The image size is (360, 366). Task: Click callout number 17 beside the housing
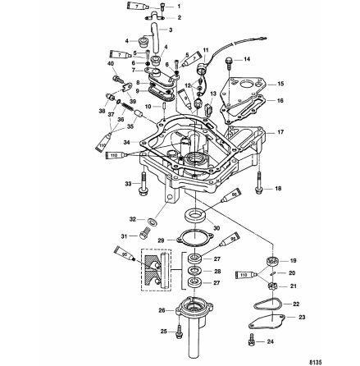(280, 131)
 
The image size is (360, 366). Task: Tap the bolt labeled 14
(230, 60)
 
